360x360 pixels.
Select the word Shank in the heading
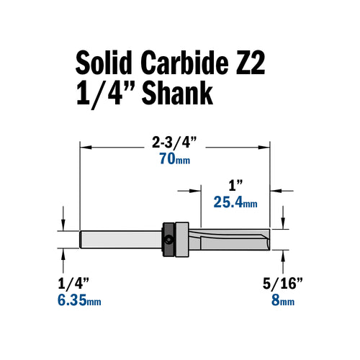click(x=174, y=96)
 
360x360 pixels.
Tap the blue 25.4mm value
click(x=235, y=203)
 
